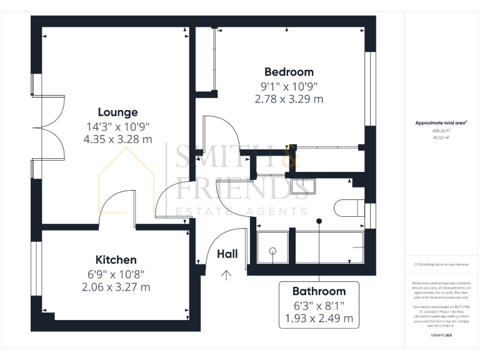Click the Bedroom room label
(289, 72)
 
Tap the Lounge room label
(117, 112)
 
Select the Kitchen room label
(116, 259)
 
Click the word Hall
(227, 254)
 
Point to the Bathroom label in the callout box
(319, 291)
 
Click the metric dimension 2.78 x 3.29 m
(289, 99)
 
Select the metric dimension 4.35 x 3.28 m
(117, 139)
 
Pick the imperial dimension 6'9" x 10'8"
(116, 273)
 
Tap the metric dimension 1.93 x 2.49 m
(319, 319)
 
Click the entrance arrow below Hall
(226, 273)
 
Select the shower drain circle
(272, 251)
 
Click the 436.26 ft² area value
(442, 131)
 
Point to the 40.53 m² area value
(442, 138)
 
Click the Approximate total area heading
(441, 123)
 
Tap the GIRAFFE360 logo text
(442, 336)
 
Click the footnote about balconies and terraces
(441, 265)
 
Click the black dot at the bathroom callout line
(319, 221)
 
